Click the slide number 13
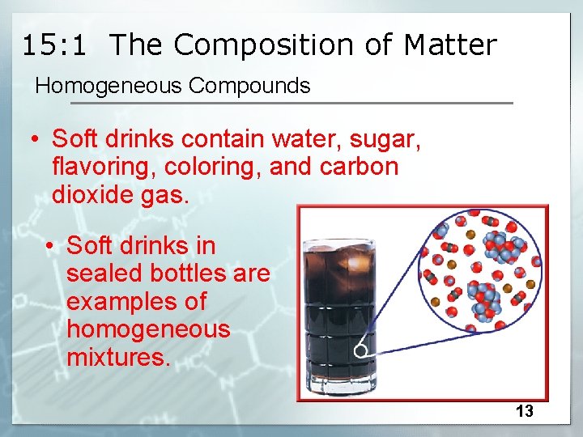525,411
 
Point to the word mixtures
118,357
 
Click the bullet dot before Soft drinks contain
36,140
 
